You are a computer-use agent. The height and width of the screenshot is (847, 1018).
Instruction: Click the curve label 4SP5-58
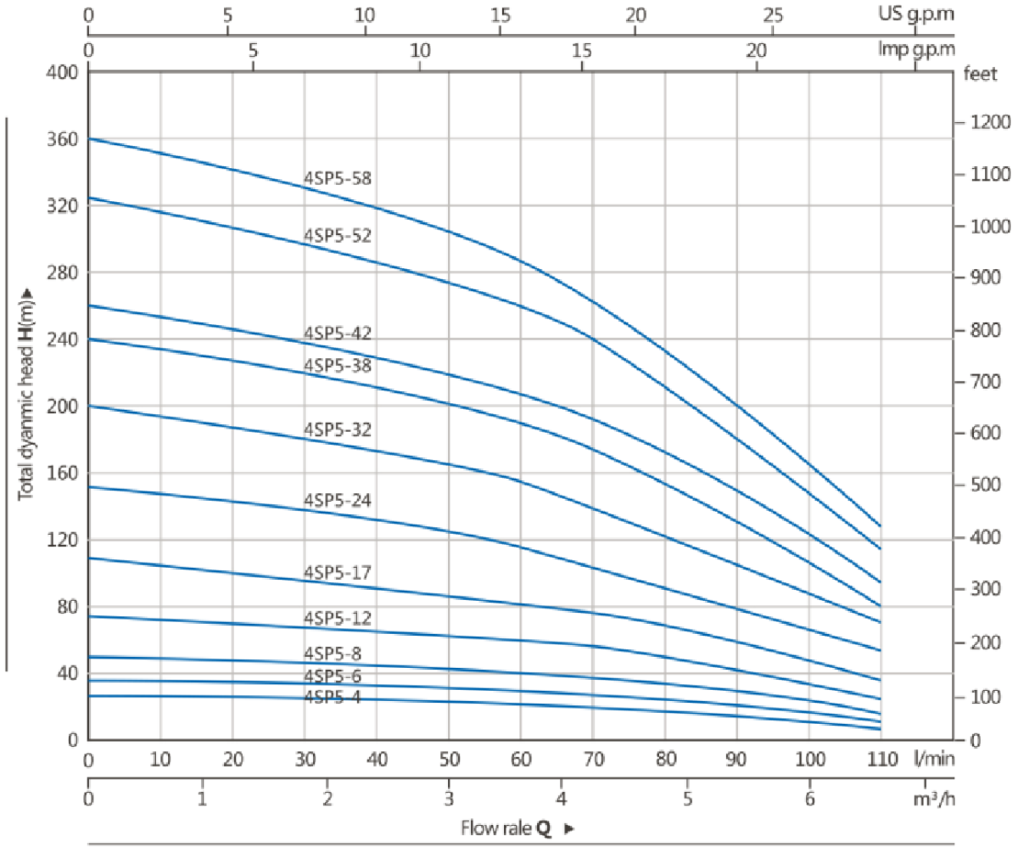click(x=338, y=178)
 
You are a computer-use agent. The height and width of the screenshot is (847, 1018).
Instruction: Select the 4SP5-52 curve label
click(x=338, y=235)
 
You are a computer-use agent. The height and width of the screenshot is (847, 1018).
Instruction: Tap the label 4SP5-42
click(x=338, y=333)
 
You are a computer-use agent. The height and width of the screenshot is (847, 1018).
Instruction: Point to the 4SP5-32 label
click(x=338, y=429)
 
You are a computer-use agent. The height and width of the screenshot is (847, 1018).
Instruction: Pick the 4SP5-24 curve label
click(x=338, y=500)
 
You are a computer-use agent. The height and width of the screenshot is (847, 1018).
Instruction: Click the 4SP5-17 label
click(x=338, y=573)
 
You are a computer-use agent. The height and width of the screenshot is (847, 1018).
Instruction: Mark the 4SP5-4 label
click(x=333, y=697)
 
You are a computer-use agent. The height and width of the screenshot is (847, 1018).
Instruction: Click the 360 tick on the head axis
click(x=61, y=138)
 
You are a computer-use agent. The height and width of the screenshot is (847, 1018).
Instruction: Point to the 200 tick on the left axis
click(x=61, y=406)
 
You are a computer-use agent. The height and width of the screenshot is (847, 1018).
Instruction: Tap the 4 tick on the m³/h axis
click(x=562, y=799)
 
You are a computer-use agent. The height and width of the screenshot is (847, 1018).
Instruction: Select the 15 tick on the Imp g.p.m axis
click(x=583, y=50)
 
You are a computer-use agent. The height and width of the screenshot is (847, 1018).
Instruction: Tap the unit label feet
click(x=981, y=72)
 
